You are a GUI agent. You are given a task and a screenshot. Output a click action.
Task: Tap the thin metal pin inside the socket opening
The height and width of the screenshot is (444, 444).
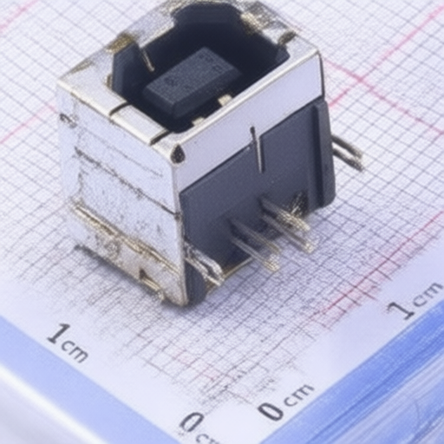(147, 59)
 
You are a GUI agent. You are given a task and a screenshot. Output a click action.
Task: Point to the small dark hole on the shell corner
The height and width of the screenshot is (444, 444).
(177, 154)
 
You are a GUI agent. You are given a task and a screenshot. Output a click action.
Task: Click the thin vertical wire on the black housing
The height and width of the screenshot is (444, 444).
(258, 148)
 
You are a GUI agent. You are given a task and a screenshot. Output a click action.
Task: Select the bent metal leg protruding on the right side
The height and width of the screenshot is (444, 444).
(347, 153)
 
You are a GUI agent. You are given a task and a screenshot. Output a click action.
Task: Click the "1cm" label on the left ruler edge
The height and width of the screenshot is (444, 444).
(68, 343)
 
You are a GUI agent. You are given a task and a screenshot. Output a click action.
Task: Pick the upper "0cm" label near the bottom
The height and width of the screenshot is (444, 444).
(284, 402)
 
